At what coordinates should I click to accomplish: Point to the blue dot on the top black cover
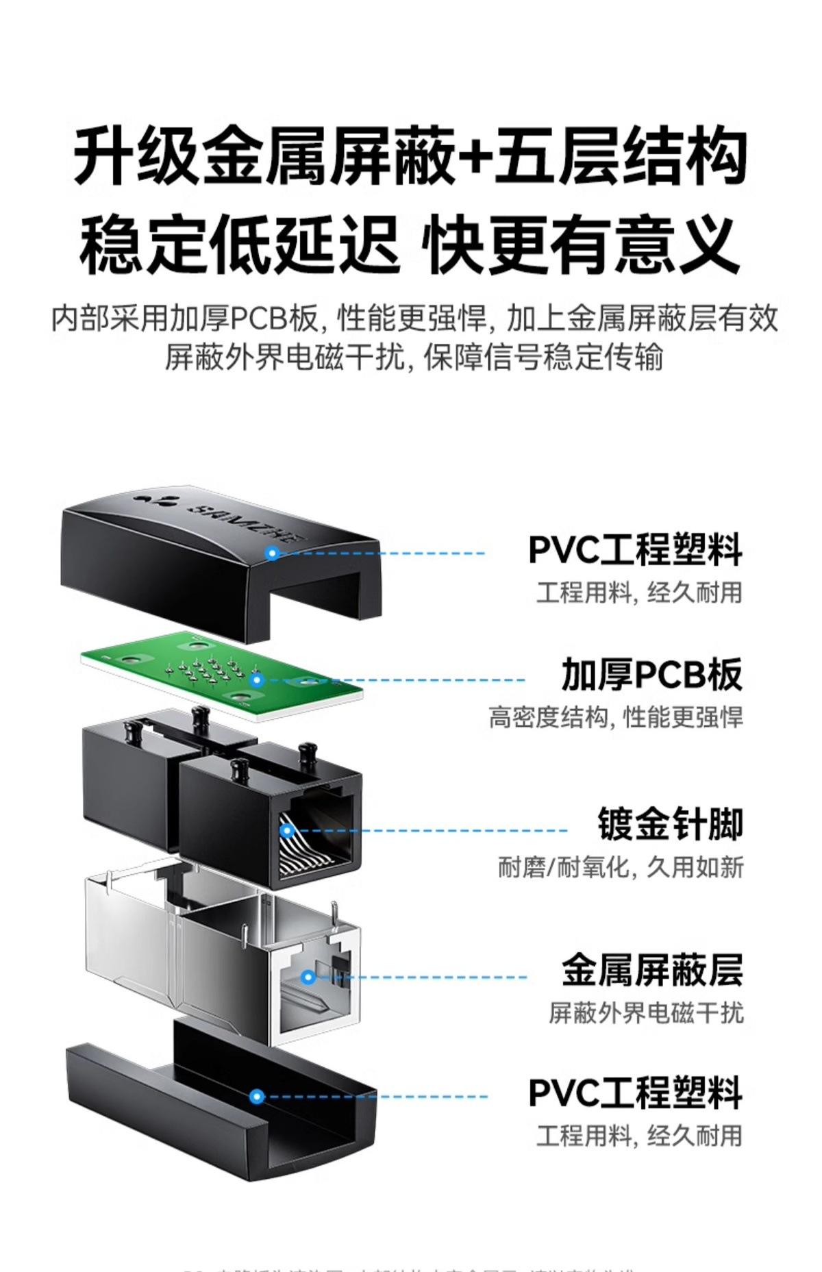tap(273, 553)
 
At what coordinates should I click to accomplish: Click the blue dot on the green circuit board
tap(257, 680)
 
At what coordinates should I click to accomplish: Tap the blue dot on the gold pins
tap(287, 831)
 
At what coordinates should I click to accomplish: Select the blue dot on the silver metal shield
tap(308, 977)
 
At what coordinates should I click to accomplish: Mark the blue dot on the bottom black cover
tap(257, 1097)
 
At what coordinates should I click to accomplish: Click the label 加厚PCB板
tap(651, 675)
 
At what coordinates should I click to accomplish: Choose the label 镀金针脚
tap(670, 824)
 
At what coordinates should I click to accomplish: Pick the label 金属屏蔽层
tap(652, 971)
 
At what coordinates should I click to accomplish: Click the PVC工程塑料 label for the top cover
tap(635, 549)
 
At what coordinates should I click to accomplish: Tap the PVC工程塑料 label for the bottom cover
tap(635, 1093)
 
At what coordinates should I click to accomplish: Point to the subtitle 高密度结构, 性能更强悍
tap(615, 718)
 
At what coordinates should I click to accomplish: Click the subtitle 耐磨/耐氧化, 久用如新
tap(620, 867)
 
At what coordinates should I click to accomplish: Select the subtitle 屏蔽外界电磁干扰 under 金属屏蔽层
tap(645, 1012)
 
